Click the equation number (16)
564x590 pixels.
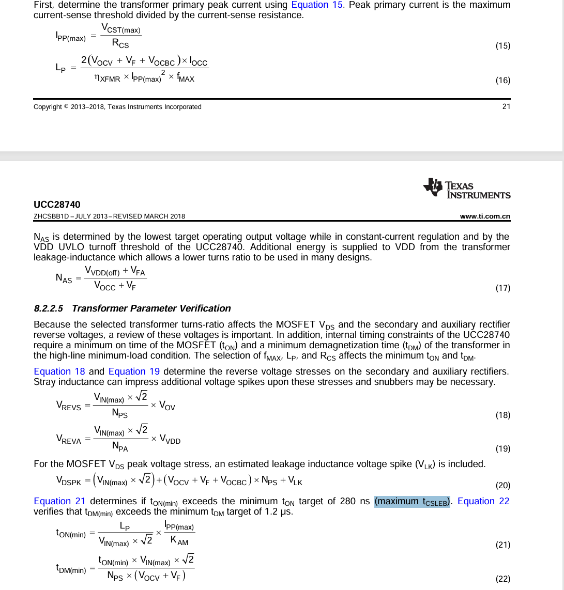(x=502, y=80)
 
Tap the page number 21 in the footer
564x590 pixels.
(x=506, y=106)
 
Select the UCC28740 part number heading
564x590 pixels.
(x=57, y=205)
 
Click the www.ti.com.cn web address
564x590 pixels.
(x=485, y=216)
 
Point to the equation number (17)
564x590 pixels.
(x=502, y=288)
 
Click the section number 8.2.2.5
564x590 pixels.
(x=48, y=308)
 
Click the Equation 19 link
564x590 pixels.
(x=134, y=371)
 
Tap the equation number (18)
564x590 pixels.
(x=502, y=415)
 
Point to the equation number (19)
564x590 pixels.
(x=502, y=448)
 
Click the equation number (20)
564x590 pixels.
(x=502, y=485)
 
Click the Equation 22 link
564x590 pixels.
(x=483, y=501)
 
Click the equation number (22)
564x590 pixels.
(x=502, y=579)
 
